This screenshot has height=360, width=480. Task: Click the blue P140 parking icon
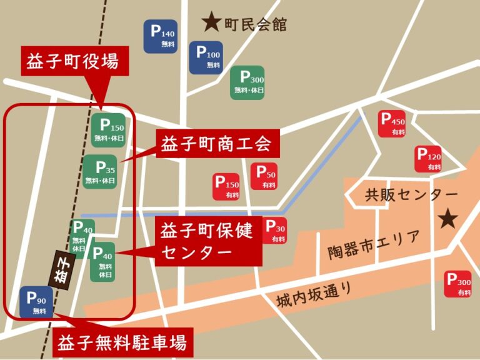pyautogui.click(x=161, y=36)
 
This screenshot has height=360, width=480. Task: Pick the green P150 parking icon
pyautogui.click(x=108, y=129)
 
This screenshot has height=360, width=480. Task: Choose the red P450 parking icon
pyautogui.click(x=393, y=124)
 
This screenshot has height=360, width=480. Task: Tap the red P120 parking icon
pyautogui.click(x=429, y=159)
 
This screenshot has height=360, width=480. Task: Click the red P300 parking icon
pyautogui.click(x=457, y=284)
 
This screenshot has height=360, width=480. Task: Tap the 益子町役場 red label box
pyautogui.click(x=75, y=61)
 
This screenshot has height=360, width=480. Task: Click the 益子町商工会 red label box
pyautogui.click(x=216, y=145)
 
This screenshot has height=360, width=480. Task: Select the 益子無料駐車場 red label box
pyautogui.click(x=122, y=343)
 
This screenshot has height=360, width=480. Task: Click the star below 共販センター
pyautogui.click(x=447, y=219)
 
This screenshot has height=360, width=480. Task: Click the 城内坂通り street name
pyautogui.click(x=309, y=296)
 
